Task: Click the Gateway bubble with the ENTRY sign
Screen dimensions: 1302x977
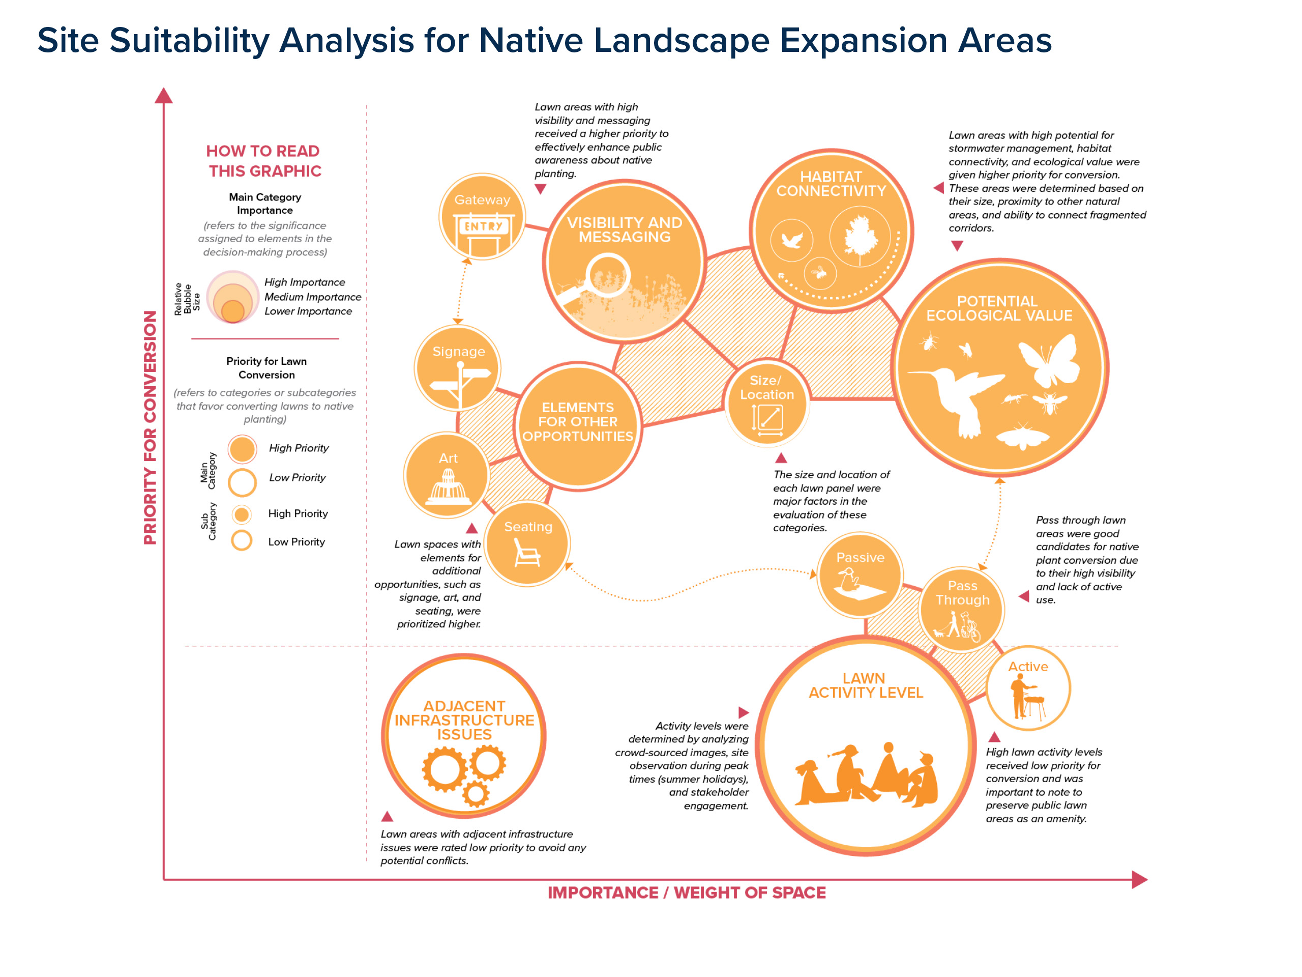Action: pyautogui.click(x=482, y=217)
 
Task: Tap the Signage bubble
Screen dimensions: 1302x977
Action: pyautogui.click(x=458, y=368)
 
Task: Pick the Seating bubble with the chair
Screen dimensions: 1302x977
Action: pyautogui.click(x=527, y=543)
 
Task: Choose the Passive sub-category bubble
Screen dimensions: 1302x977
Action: pyautogui.click(x=860, y=576)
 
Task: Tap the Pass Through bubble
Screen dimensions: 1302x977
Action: pyautogui.click(x=962, y=610)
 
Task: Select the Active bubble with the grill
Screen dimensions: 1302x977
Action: pyautogui.click(x=1028, y=688)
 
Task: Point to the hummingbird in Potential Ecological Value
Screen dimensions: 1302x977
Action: pyautogui.click(x=959, y=400)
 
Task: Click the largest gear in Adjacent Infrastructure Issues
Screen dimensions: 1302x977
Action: pyautogui.click(x=445, y=769)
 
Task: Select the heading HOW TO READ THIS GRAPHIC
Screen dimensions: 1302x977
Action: pyautogui.click(x=263, y=161)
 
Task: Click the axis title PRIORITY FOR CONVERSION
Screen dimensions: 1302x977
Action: pyautogui.click(x=151, y=427)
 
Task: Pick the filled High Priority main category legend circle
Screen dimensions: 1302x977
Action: pyautogui.click(x=242, y=449)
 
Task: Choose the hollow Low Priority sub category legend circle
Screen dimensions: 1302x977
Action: pyautogui.click(x=242, y=540)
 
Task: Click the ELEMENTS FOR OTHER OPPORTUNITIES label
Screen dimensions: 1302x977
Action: pyautogui.click(x=577, y=422)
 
